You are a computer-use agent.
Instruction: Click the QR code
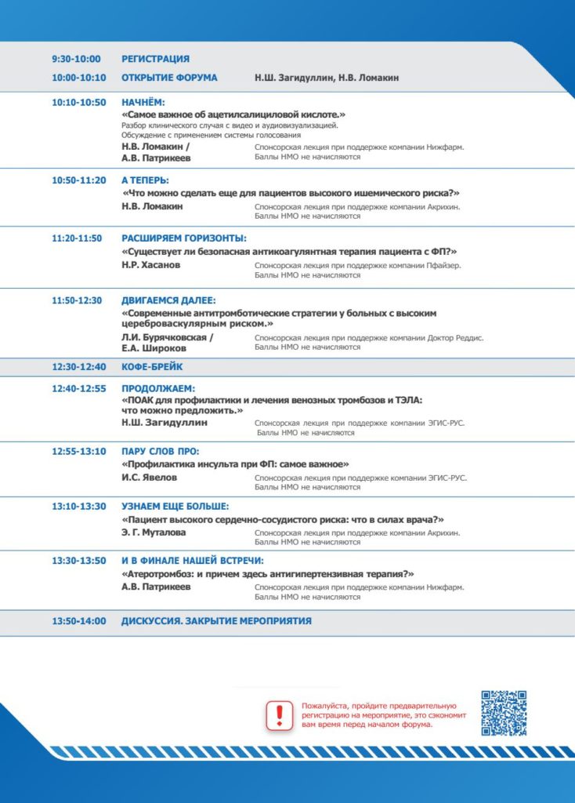[503, 713]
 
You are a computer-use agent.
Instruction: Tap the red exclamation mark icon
[279, 714]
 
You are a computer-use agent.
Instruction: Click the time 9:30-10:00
[76, 59]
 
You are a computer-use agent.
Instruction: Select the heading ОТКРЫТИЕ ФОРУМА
[169, 78]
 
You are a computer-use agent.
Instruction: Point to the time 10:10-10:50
[78, 103]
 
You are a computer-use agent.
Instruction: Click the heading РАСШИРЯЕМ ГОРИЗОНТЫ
[184, 238]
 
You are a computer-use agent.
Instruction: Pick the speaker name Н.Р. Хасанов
[151, 265]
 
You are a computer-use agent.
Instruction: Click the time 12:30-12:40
[78, 366]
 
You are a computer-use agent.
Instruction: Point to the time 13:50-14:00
[78, 621]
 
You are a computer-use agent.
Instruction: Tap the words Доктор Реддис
[455, 337]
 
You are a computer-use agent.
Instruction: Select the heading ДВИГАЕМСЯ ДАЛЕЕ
[168, 300]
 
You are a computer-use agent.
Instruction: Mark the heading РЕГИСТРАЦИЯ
[155, 59]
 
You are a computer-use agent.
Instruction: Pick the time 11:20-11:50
[77, 238]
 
